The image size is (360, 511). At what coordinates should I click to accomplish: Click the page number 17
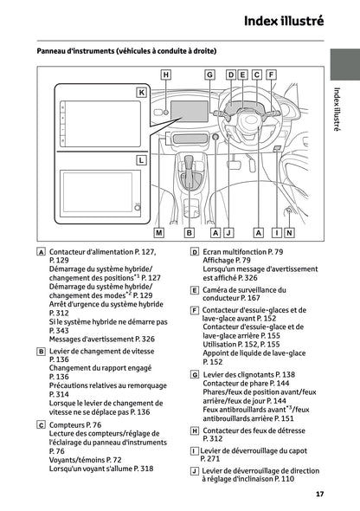tap(319, 494)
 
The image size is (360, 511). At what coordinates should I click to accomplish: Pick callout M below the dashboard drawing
tap(159, 233)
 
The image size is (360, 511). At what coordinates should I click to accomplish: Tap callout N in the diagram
tap(289, 233)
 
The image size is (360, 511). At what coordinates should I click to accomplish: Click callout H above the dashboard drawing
tap(166, 74)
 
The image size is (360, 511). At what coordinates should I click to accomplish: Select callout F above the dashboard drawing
tap(271, 74)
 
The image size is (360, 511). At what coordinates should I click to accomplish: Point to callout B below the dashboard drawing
tap(189, 233)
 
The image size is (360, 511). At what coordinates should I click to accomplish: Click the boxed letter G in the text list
tap(195, 375)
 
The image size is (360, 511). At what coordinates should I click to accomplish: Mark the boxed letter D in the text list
tap(195, 252)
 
